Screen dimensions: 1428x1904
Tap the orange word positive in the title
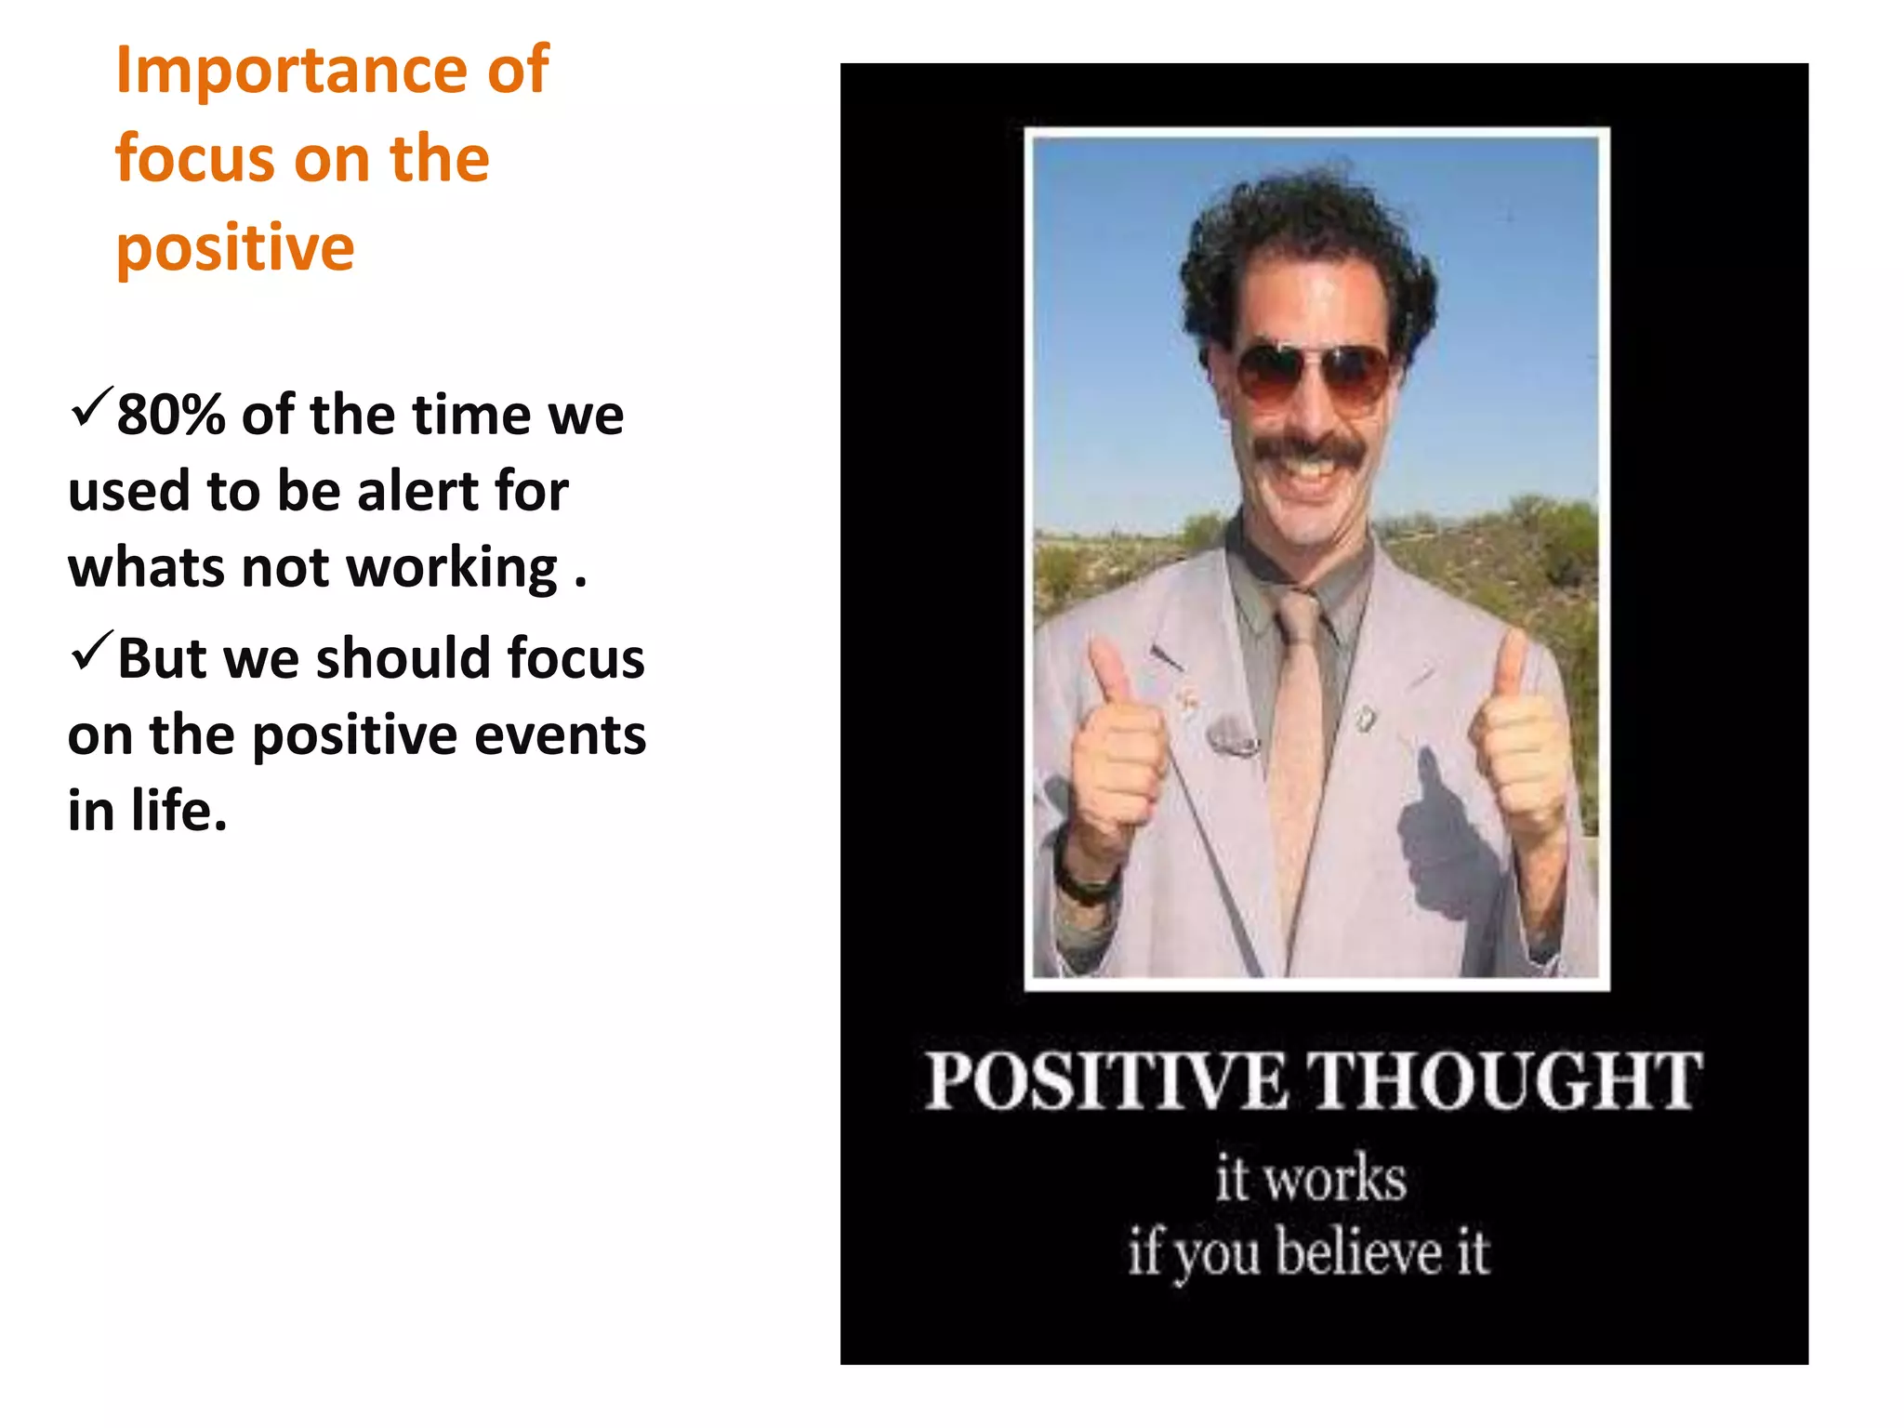pyautogui.click(x=235, y=249)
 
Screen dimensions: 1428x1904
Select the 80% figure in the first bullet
pyautogui.click(x=171, y=415)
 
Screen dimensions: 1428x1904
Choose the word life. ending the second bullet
pyautogui.click(x=178, y=811)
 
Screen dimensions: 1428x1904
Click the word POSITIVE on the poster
pyautogui.click(x=1106, y=1081)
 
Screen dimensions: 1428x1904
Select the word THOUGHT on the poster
pyautogui.click(x=1506, y=1081)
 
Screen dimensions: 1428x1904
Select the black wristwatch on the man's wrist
pyautogui.click(x=1084, y=879)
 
